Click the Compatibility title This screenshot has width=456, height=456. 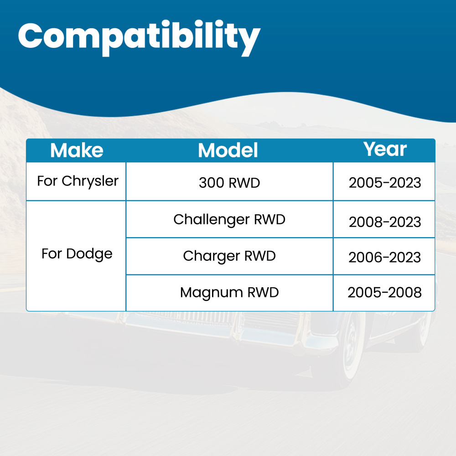click(139, 38)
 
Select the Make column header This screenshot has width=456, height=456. click(77, 150)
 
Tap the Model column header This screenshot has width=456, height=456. click(228, 150)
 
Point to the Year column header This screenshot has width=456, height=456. click(385, 149)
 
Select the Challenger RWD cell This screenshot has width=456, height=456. click(229, 220)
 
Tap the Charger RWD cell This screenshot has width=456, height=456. click(229, 256)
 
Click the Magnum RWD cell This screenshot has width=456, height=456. click(229, 293)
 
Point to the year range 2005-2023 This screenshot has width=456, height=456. click(385, 183)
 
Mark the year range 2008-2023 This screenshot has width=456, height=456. click(385, 222)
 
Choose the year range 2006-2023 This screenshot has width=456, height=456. click(385, 258)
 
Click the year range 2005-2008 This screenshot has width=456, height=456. click(385, 293)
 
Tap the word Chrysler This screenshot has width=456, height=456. click(90, 181)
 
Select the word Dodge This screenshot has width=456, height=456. click(89, 254)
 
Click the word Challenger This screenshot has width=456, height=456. click(212, 220)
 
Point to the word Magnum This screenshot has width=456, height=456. click(212, 293)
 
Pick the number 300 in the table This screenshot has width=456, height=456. click(211, 183)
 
